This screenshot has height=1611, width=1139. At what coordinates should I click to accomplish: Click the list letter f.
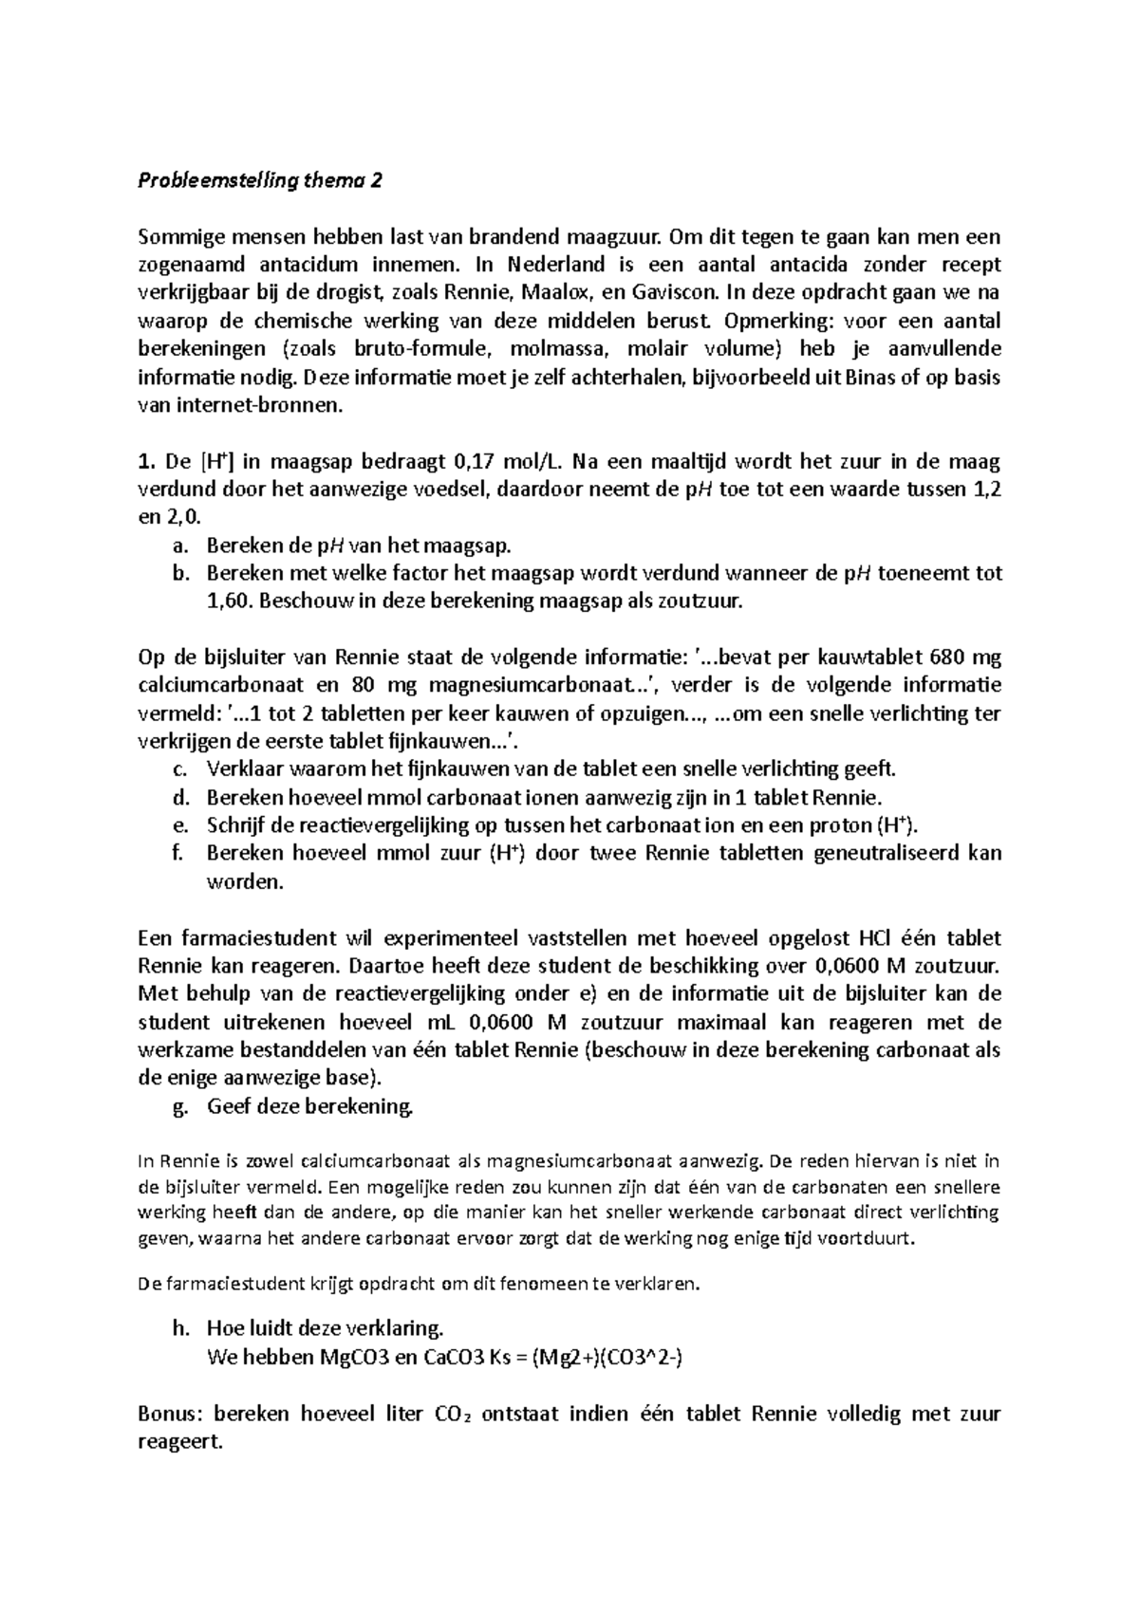pos(178,853)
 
